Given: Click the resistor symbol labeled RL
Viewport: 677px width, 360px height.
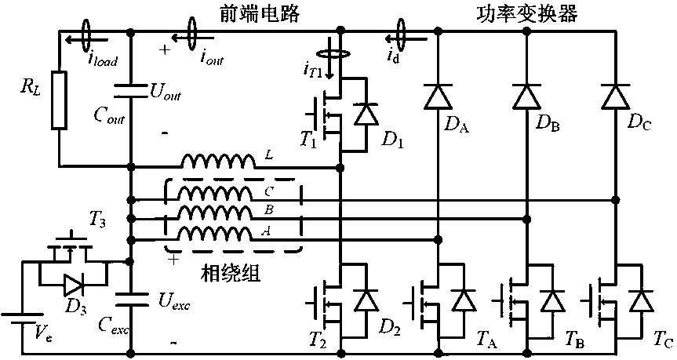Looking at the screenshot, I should click(x=60, y=100).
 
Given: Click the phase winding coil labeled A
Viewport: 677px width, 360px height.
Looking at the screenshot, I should click(x=218, y=233).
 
